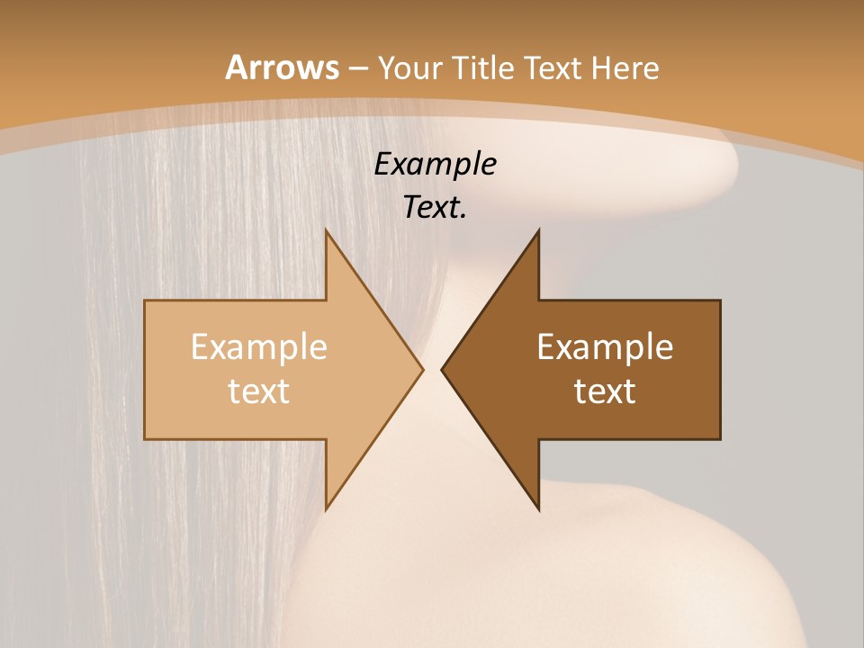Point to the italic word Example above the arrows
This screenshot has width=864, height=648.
(x=435, y=164)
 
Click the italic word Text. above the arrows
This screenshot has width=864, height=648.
(x=435, y=207)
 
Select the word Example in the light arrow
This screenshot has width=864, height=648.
(x=259, y=346)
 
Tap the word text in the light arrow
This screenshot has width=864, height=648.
(x=259, y=391)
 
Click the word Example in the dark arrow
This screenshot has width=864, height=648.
(x=605, y=346)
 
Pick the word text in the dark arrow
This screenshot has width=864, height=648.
(x=605, y=391)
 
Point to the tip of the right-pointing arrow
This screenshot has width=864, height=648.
(x=423, y=369)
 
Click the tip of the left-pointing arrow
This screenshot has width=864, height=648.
(x=442, y=369)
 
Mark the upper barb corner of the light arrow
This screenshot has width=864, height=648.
(x=326, y=230)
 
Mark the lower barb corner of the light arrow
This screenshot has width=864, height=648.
(x=326, y=509)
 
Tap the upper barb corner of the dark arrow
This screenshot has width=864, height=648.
(x=539, y=230)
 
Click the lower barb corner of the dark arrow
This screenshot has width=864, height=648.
(x=539, y=509)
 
